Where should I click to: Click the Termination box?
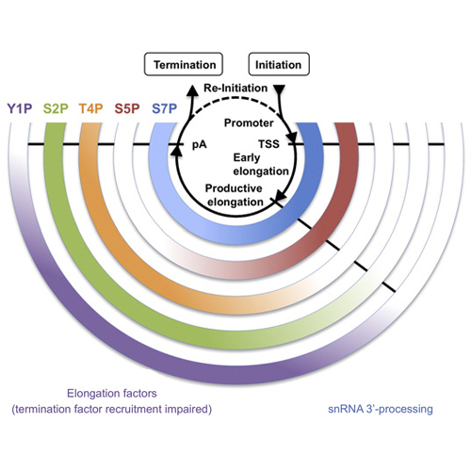[184, 64]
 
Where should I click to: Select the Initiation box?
[279, 64]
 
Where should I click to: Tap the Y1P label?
[20, 108]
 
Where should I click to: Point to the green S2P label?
[56, 108]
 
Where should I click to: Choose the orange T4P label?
[90, 108]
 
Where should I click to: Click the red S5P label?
[127, 108]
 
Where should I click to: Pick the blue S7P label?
[165, 108]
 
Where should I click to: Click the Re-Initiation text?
[235, 88]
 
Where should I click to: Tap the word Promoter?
[249, 122]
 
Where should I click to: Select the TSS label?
[268, 144]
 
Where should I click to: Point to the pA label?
[200, 145]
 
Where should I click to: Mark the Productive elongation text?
[235, 195]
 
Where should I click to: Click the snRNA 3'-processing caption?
[381, 409]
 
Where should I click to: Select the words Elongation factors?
[112, 393]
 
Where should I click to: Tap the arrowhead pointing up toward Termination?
[192, 90]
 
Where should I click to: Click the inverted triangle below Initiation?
[280, 89]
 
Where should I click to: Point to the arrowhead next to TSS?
[292, 137]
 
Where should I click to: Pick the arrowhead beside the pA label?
[178, 151]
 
